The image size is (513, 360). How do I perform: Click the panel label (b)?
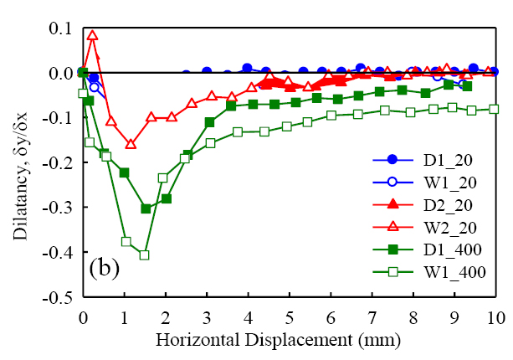pos(104,270)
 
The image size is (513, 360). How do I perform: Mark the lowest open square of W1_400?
pos(144,255)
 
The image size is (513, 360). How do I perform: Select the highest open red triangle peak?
pos(92,35)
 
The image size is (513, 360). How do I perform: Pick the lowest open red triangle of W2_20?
pos(131,144)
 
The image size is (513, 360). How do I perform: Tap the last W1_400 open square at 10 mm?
pos(494,109)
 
